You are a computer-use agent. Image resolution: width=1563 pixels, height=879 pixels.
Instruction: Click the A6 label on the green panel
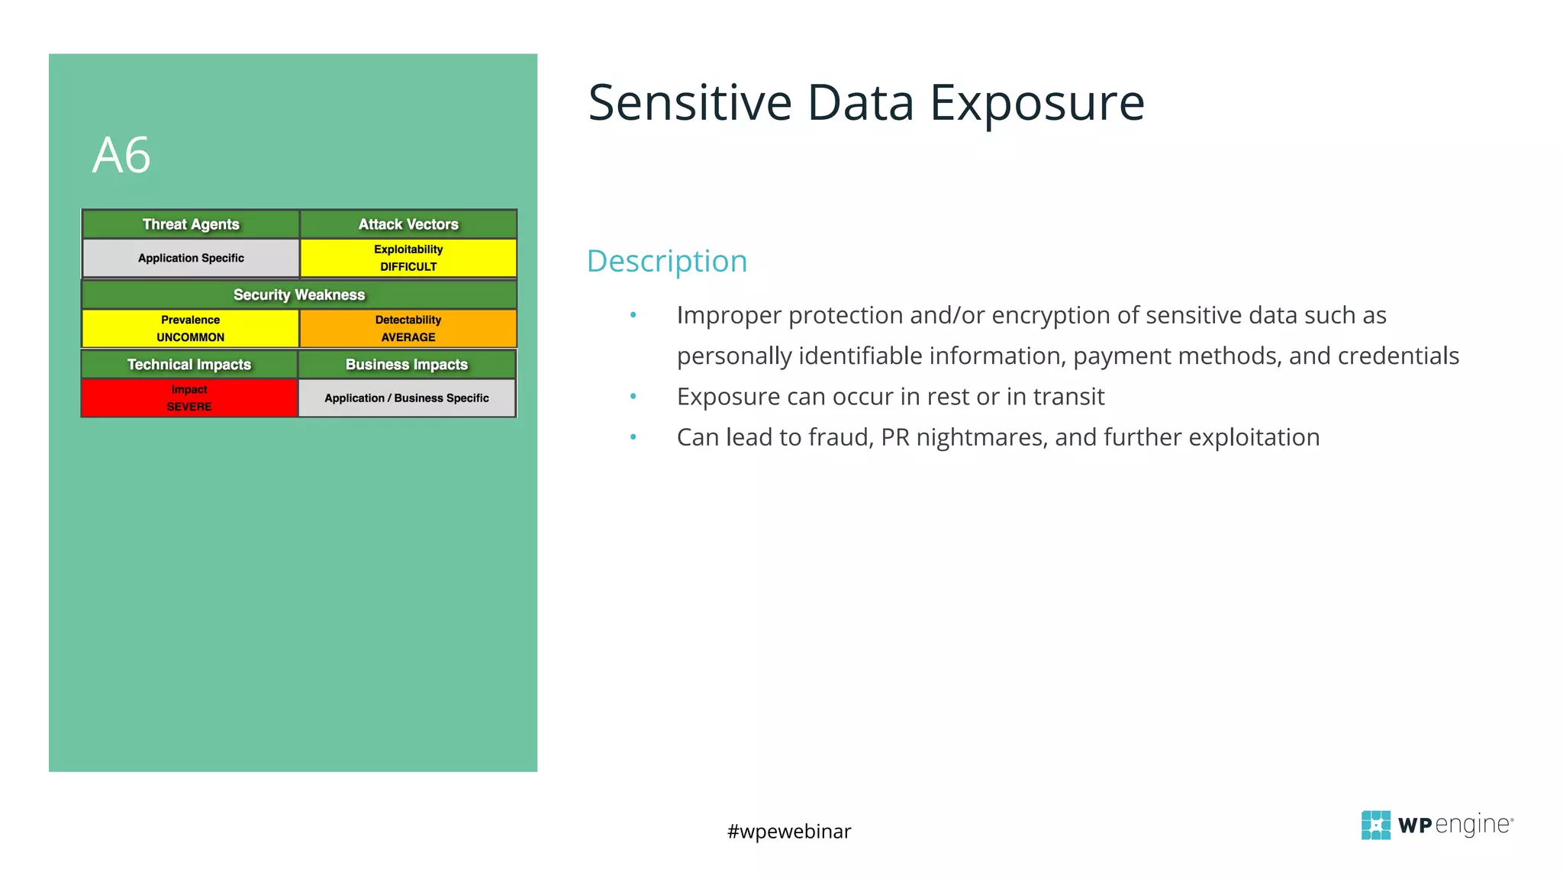tap(121, 156)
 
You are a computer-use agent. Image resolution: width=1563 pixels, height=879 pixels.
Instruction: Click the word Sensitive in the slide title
tap(690, 103)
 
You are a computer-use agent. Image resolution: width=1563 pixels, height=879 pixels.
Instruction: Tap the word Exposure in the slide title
tap(1037, 103)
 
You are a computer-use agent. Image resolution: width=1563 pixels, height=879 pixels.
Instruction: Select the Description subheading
tap(666, 261)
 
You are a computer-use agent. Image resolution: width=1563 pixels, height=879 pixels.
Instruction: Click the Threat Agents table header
tap(191, 224)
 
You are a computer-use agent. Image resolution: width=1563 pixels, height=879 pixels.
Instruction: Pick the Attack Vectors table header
tap(408, 224)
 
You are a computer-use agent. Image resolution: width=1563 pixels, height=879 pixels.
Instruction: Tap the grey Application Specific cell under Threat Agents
tap(191, 258)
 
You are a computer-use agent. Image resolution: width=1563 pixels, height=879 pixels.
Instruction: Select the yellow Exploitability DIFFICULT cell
tap(408, 258)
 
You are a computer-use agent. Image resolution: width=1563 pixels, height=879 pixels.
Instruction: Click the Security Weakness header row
tap(299, 295)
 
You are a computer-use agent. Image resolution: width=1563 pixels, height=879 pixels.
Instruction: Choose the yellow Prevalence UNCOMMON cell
tap(190, 328)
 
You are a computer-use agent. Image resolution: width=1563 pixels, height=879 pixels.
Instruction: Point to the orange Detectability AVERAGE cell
tap(408, 328)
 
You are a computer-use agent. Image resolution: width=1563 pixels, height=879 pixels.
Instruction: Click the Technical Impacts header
tap(189, 365)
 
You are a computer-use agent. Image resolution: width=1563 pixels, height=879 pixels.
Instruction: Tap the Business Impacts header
tap(407, 365)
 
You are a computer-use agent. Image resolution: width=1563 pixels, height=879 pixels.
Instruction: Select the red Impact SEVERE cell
tap(189, 398)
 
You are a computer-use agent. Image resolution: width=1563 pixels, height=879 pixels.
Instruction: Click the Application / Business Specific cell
tap(407, 398)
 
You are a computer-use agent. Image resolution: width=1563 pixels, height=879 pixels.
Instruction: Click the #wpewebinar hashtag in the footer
tap(789, 831)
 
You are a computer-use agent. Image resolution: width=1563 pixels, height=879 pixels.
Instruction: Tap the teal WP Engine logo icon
tap(1375, 825)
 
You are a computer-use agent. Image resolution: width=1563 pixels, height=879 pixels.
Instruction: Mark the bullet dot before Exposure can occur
tap(633, 396)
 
